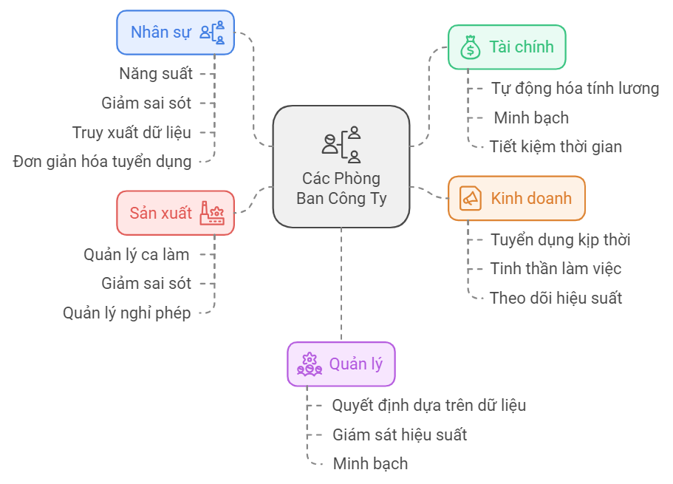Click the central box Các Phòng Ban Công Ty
tap(341, 167)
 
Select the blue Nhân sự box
tap(175, 33)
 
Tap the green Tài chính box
tap(506, 47)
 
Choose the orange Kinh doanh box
tap(516, 198)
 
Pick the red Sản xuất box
tap(175, 213)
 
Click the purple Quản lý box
tap(341, 364)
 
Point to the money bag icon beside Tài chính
tap(470, 47)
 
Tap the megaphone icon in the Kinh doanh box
tap(470, 198)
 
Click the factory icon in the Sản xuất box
tap(212, 213)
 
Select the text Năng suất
tap(155, 74)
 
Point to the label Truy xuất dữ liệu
tap(131, 132)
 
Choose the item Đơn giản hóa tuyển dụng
tap(102, 161)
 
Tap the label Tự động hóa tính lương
tap(575, 89)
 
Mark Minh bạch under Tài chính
tap(531, 117)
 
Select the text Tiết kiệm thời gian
tap(556, 146)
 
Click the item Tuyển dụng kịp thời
tap(560, 239)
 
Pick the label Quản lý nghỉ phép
tap(127, 313)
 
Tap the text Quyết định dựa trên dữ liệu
tap(428, 405)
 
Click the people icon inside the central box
tap(341, 144)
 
